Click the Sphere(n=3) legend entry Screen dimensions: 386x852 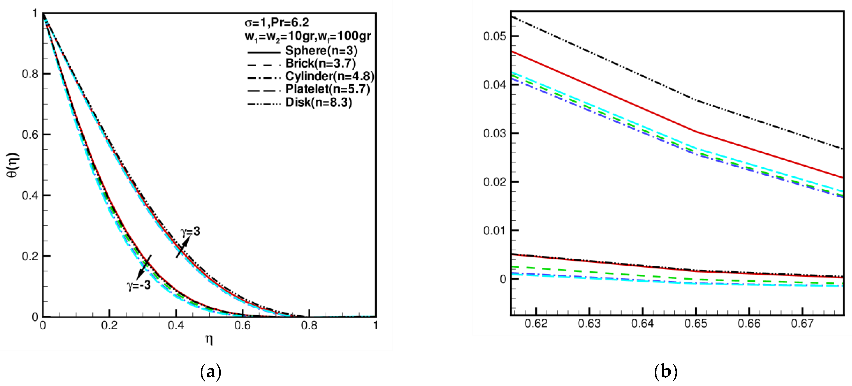coord(321,51)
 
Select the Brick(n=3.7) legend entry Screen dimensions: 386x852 coord(320,63)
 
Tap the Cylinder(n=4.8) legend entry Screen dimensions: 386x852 coord(329,76)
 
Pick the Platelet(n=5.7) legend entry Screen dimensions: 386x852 coord(328,89)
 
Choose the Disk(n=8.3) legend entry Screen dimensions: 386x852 coord(318,102)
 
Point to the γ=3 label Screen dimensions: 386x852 coord(191,231)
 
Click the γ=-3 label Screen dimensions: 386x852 coord(139,285)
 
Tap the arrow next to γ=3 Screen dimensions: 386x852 coord(182,247)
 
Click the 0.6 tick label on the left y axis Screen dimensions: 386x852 coord(30,135)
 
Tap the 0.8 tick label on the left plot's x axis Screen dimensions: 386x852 coord(309,326)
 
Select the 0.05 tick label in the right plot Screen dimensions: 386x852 coord(494,36)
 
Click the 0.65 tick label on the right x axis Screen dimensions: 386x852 coord(696,323)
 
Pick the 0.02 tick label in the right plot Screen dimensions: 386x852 coord(494,182)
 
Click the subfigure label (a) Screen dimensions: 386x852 coord(211,372)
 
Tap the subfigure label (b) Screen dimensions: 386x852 coord(666,372)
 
